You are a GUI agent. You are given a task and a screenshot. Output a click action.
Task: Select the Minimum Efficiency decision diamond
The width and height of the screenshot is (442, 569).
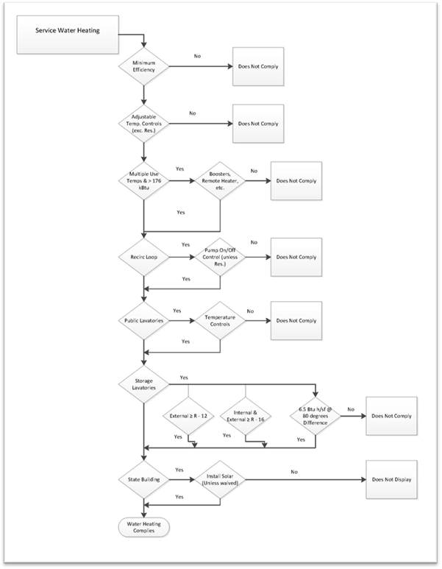click(x=144, y=66)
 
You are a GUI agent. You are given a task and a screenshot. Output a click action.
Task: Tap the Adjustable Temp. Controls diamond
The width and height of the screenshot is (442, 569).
click(x=144, y=123)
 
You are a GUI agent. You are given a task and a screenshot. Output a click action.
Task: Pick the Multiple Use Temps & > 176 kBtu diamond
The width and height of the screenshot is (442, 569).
click(x=144, y=180)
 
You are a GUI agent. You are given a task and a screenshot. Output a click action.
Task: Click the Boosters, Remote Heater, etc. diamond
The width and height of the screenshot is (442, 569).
click(x=220, y=180)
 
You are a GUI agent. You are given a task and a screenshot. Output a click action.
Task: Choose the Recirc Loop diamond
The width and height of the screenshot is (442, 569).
click(x=144, y=258)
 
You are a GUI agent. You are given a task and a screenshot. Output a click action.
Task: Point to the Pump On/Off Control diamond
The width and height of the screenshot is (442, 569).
click(x=220, y=258)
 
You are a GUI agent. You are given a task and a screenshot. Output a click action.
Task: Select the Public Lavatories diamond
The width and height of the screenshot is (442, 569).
click(x=144, y=321)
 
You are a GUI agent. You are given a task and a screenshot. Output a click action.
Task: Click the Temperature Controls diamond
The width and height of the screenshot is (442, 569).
click(x=220, y=321)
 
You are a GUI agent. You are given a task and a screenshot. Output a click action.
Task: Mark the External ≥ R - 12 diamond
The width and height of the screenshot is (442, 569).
click(x=189, y=417)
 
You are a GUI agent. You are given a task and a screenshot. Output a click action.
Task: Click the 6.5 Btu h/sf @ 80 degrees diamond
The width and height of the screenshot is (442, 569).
click(x=315, y=417)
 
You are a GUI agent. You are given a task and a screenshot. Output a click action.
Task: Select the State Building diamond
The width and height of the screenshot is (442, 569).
click(x=144, y=480)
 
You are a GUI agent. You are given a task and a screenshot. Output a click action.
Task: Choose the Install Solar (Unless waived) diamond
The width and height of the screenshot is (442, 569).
click(x=220, y=480)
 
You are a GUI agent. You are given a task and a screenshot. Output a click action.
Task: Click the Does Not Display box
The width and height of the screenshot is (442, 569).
click(x=391, y=480)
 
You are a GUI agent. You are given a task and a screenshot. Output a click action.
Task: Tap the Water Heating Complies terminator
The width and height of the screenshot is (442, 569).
click(x=144, y=528)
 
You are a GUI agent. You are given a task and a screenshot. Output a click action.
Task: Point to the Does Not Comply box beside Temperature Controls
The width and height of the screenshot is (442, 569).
click(x=296, y=321)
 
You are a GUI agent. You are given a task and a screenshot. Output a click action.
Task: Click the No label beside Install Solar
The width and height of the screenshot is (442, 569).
click(x=293, y=471)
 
